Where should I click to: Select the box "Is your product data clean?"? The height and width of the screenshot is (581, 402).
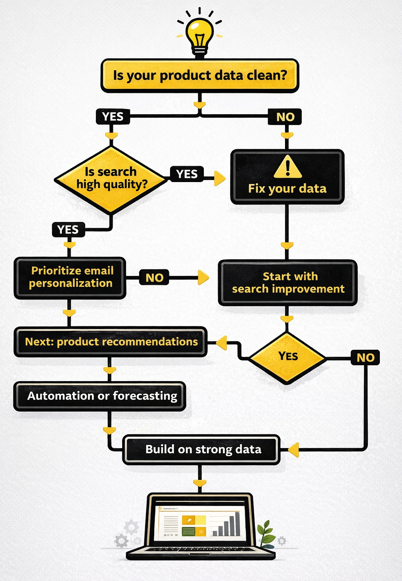point(200,75)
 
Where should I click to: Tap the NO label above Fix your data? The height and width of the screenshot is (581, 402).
point(285,117)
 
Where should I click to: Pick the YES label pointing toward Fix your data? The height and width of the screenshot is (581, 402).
point(187,174)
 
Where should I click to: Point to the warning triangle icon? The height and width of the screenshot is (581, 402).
point(288,167)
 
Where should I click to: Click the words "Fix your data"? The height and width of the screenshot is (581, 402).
point(287,189)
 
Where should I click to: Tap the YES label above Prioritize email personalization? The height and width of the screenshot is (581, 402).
point(68,230)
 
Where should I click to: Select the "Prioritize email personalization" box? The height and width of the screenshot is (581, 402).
point(70,277)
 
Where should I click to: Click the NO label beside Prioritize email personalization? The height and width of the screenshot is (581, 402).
point(154,278)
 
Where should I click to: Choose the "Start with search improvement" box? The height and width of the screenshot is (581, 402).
point(288,282)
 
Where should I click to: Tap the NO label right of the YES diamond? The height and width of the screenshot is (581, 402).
point(365,357)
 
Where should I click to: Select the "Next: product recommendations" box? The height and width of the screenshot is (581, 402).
point(111,342)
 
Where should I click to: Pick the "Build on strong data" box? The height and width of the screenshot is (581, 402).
point(202,449)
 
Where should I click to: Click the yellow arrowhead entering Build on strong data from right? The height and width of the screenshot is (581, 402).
point(293,450)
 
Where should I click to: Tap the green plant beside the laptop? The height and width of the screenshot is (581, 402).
point(266,533)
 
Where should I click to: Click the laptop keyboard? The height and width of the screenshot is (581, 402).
point(200,550)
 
